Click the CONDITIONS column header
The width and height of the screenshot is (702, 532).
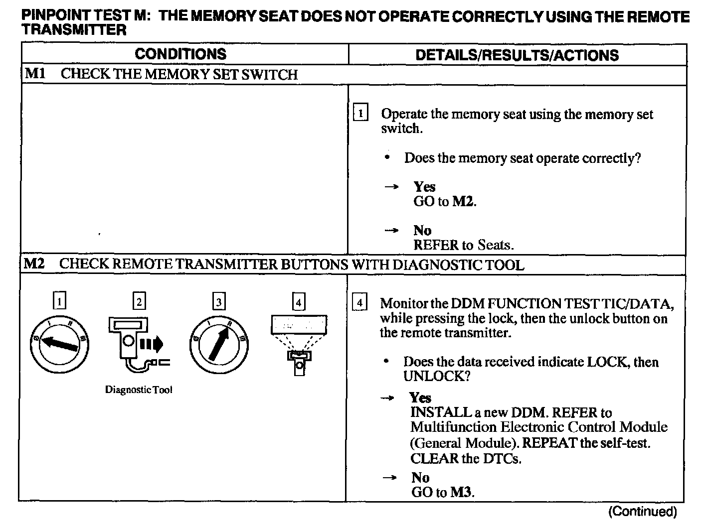[x=180, y=54]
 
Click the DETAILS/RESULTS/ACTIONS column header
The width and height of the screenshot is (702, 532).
[x=517, y=55]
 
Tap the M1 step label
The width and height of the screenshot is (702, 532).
[x=35, y=74]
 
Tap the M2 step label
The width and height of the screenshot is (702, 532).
[x=34, y=264]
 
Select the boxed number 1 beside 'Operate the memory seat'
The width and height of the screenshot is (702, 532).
[x=360, y=113]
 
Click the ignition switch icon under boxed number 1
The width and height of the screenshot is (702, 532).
[x=59, y=344]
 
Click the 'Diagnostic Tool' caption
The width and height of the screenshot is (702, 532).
[x=139, y=390]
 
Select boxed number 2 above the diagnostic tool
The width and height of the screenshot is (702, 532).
[x=139, y=301]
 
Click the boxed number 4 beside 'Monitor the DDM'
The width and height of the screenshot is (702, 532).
[x=359, y=302]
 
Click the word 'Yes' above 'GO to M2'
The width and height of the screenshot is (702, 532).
[x=424, y=187]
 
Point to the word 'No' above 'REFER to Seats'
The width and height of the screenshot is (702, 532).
[x=422, y=231]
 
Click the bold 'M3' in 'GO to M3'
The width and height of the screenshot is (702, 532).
[x=461, y=493]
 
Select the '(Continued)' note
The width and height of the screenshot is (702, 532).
[x=642, y=512]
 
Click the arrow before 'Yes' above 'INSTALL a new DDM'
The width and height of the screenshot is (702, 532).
[x=387, y=398]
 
